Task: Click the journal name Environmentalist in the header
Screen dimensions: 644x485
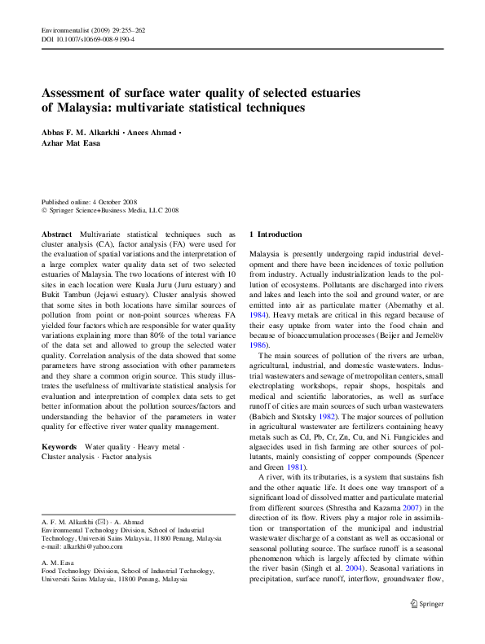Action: click(x=63, y=30)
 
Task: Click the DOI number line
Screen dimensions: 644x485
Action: click(x=87, y=39)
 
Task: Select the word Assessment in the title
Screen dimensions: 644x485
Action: click(x=77, y=93)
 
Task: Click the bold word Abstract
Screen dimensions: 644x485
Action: click(x=56, y=234)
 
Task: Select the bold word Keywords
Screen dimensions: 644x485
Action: click(x=59, y=447)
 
